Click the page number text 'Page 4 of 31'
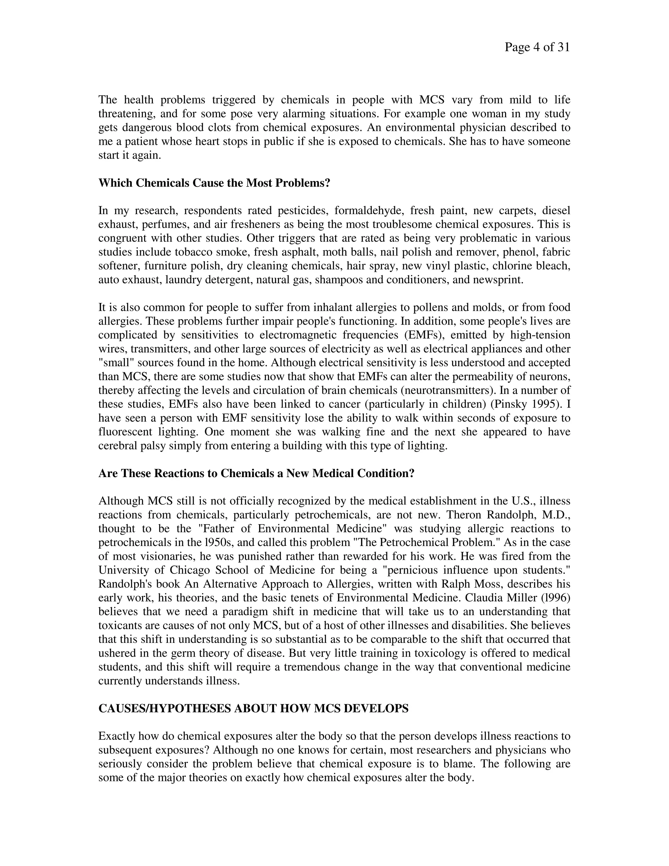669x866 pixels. (x=537, y=48)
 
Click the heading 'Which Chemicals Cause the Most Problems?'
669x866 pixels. (x=214, y=183)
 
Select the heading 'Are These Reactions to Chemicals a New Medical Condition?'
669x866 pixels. (x=256, y=474)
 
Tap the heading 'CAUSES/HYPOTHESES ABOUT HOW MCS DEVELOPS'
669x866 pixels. (x=253, y=708)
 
